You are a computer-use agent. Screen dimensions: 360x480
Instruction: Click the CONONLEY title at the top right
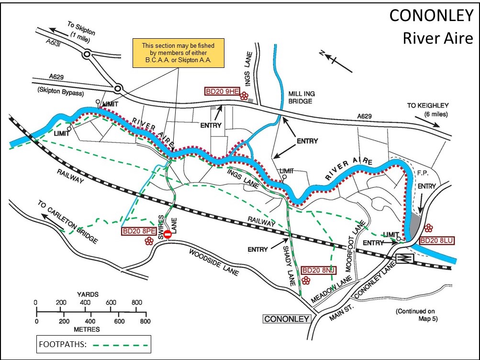[431, 16]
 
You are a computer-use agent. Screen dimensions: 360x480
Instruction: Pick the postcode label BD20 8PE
[138, 231]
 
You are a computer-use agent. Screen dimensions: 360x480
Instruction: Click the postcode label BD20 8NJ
[318, 271]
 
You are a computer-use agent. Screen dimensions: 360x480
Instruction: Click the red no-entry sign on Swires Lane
[167, 234]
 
